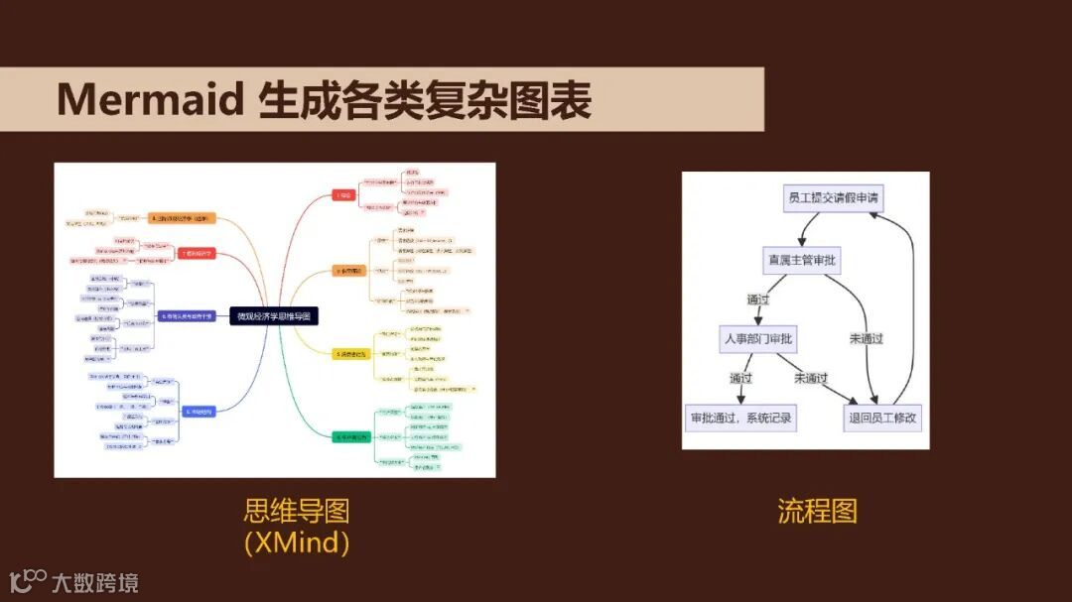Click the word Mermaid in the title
click(150, 100)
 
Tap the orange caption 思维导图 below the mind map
click(297, 512)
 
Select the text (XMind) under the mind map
click(297, 542)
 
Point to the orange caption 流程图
click(817, 512)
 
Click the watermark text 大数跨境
click(95, 582)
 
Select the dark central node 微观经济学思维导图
click(274, 316)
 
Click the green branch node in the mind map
click(350, 437)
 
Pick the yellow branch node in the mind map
click(350, 353)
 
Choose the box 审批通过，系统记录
click(741, 418)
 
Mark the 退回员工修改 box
click(883, 418)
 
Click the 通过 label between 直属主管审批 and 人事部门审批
click(758, 300)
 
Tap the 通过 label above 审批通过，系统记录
click(740, 378)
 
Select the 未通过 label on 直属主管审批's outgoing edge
click(866, 339)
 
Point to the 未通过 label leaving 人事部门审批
click(810, 378)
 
